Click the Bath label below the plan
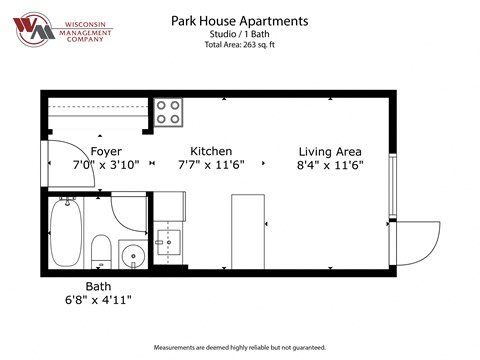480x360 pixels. pyautogui.click(x=98, y=286)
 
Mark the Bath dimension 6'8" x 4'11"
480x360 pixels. pyautogui.click(x=98, y=299)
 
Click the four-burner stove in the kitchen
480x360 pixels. pyautogui.click(x=167, y=110)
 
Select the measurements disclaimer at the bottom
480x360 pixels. pyautogui.click(x=240, y=347)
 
